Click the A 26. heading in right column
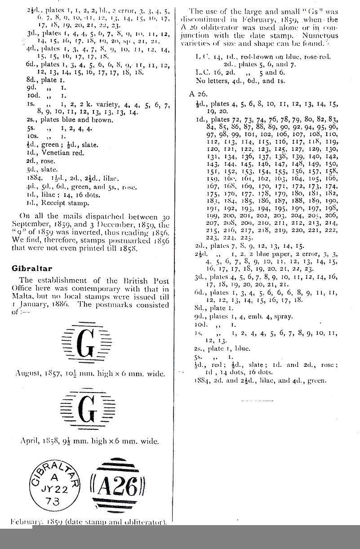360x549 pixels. click(x=199, y=94)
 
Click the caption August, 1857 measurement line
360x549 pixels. click(x=88, y=373)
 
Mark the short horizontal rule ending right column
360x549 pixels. click(x=257, y=400)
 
